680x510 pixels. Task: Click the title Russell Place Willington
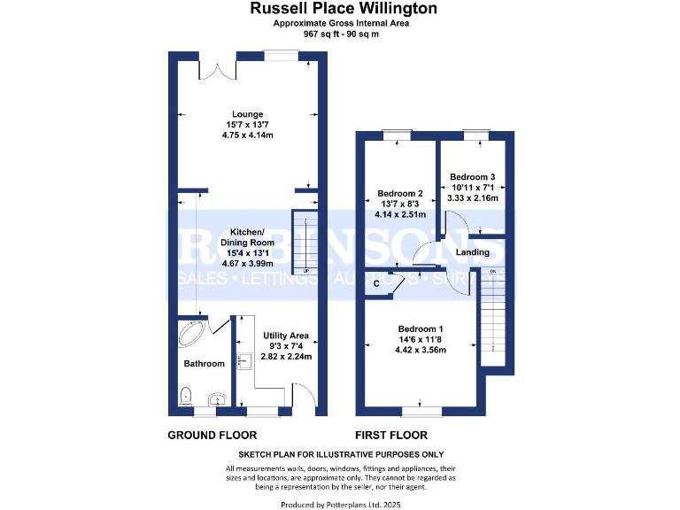coord(343,9)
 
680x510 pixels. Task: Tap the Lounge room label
coord(248,114)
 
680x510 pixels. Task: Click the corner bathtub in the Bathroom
coord(192,333)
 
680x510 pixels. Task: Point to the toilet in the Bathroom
coord(186,396)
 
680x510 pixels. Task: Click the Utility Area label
coord(286,336)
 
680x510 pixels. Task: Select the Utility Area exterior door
coord(303,397)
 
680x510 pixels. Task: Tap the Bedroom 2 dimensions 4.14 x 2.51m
coord(400,214)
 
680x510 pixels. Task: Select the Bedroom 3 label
coord(472,176)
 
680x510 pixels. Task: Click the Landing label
coord(472,252)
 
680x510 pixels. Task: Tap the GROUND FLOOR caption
coord(212,435)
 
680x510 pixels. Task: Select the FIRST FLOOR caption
coord(390,435)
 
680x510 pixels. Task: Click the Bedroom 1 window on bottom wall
coord(421,411)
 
